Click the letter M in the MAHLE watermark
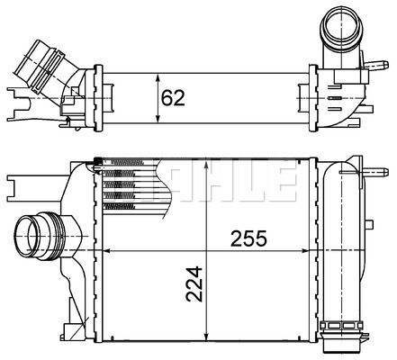point(182,180)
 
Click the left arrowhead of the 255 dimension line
point(105,249)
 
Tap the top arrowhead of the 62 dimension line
point(158,72)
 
